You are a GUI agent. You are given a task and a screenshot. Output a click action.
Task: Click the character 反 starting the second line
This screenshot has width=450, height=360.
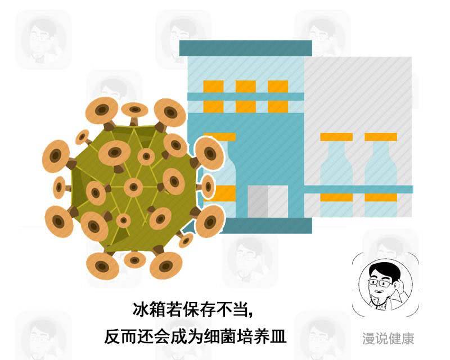click(x=112, y=336)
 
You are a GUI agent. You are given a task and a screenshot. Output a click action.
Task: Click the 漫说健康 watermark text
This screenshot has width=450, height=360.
click(x=389, y=339)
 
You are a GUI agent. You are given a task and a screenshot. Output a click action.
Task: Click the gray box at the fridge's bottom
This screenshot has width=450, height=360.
click(x=267, y=201)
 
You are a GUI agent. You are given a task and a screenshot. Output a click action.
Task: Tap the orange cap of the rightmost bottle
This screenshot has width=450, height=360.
click(x=380, y=137)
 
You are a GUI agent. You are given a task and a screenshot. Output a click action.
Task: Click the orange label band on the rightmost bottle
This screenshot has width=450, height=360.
click(x=380, y=197)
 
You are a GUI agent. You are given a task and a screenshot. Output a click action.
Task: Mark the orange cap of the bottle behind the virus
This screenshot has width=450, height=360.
click(x=223, y=137)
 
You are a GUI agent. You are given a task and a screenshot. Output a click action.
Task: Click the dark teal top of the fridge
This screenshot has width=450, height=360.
click(x=245, y=48)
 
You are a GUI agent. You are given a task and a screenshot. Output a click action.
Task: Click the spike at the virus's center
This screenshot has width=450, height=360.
click(x=133, y=187)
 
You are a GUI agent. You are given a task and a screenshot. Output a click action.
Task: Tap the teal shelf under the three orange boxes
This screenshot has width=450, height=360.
click(x=245, y=96)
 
